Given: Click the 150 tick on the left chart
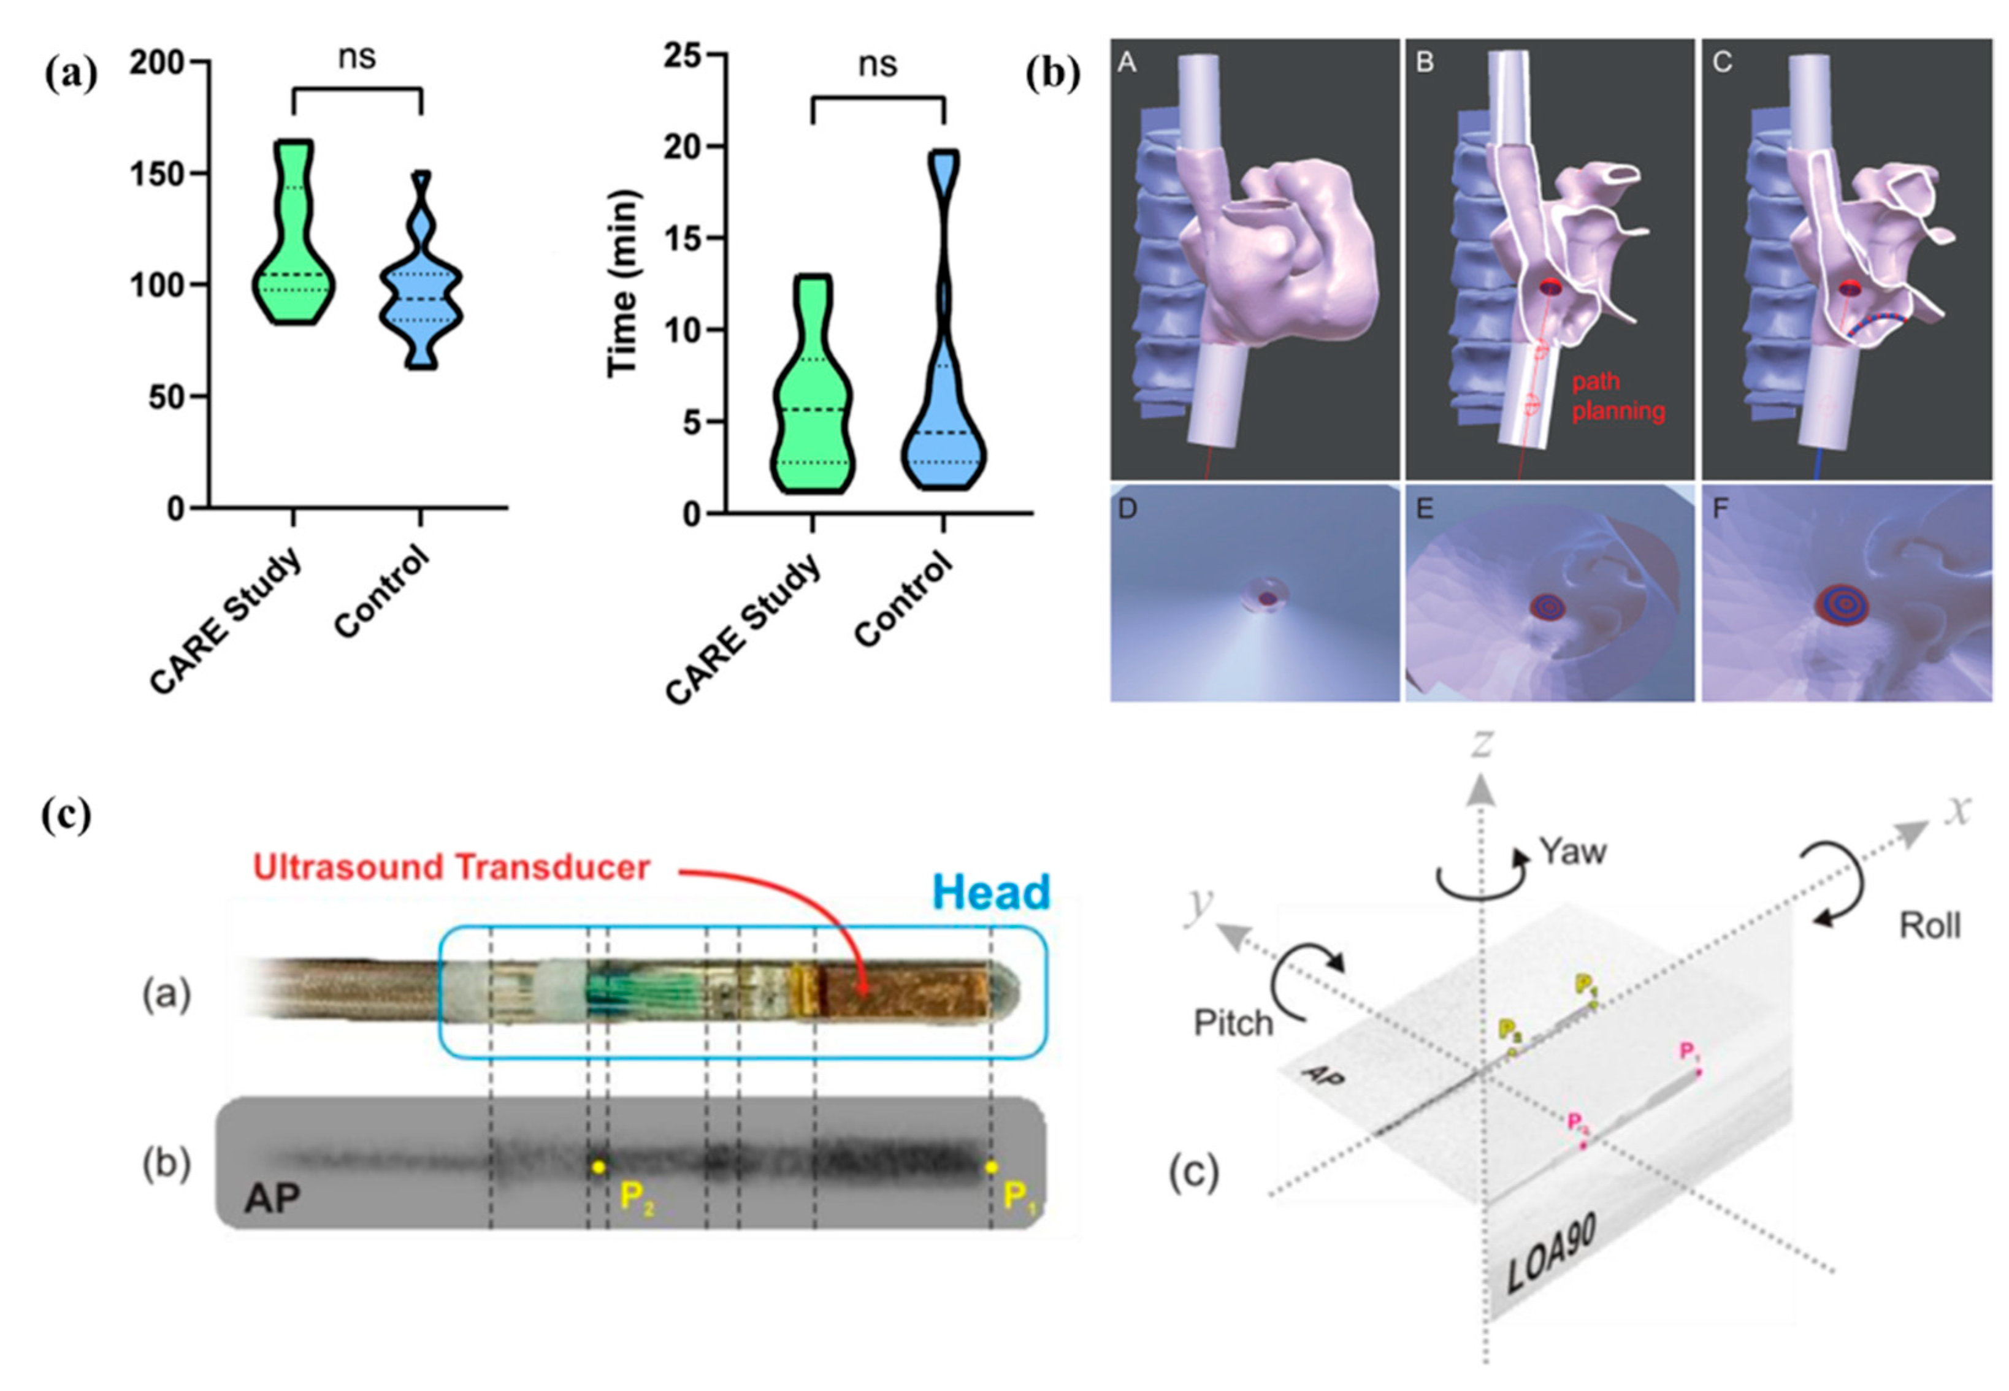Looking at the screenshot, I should [x=157, y=174].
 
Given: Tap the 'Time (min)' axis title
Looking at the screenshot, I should [x=622, y=283].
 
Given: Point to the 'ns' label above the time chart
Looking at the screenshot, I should [x=877, y=64].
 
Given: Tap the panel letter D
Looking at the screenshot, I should [x=1127, y=508].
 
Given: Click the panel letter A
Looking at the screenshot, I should [x=1127, y=63].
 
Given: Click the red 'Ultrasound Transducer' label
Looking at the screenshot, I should [x=451, y=867].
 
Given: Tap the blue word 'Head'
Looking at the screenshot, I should [x=991, y=893].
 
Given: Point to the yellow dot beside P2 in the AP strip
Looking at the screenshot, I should [x=598, y=1166].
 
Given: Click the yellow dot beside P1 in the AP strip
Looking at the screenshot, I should [x=991, y=1166].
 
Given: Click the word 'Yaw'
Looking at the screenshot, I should [x=1572, y=851].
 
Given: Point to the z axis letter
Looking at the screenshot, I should [x=1481, y=744].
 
